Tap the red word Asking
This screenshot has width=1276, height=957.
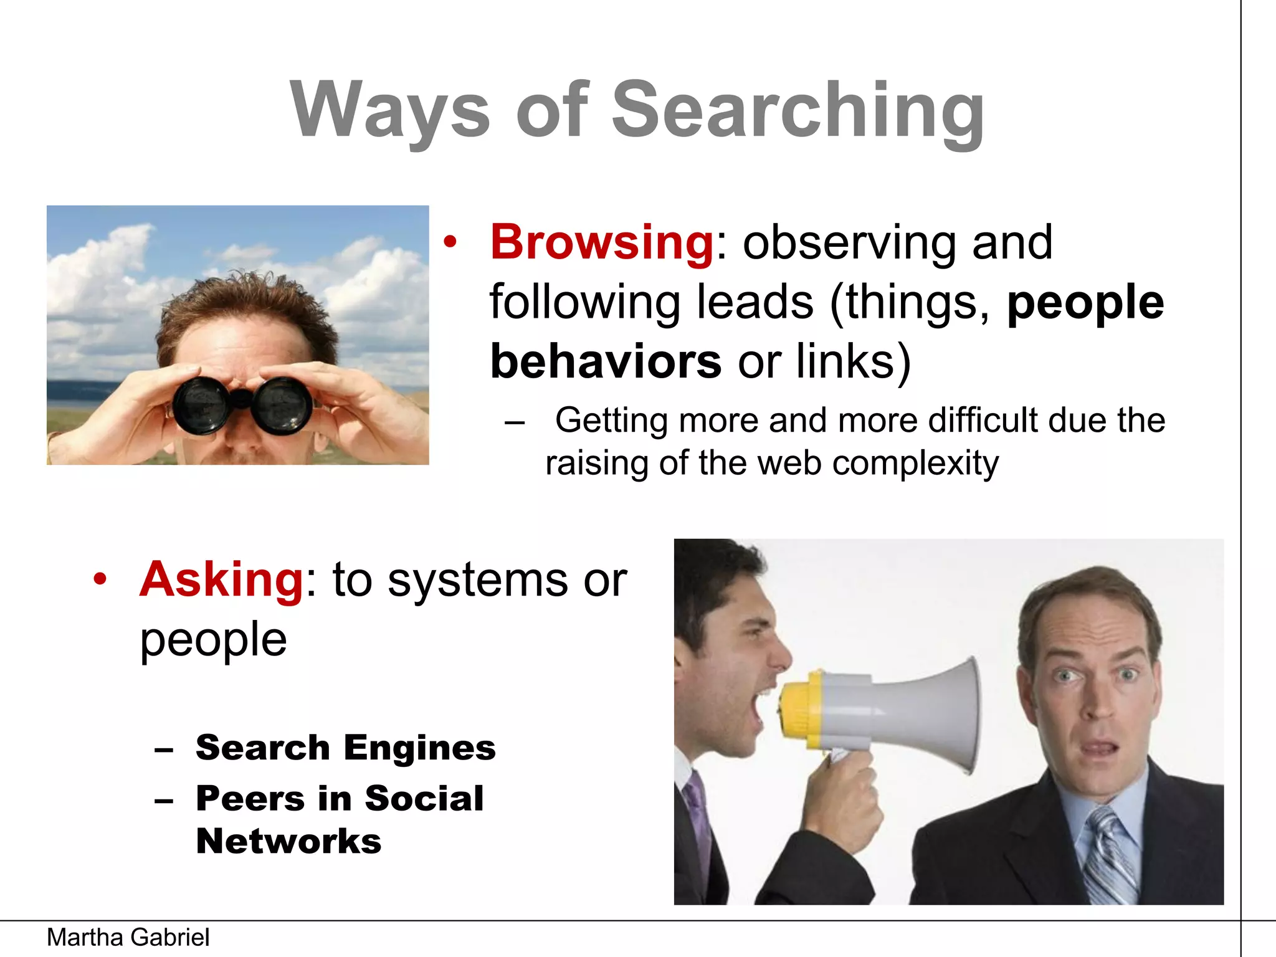(x=222, y=579)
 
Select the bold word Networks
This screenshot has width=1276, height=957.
(x=288, y=841)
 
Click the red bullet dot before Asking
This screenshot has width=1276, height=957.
(x=100, y=579)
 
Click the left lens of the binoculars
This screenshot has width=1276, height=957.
(x=201, y=406)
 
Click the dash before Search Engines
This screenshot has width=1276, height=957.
(x=164, y=750)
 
